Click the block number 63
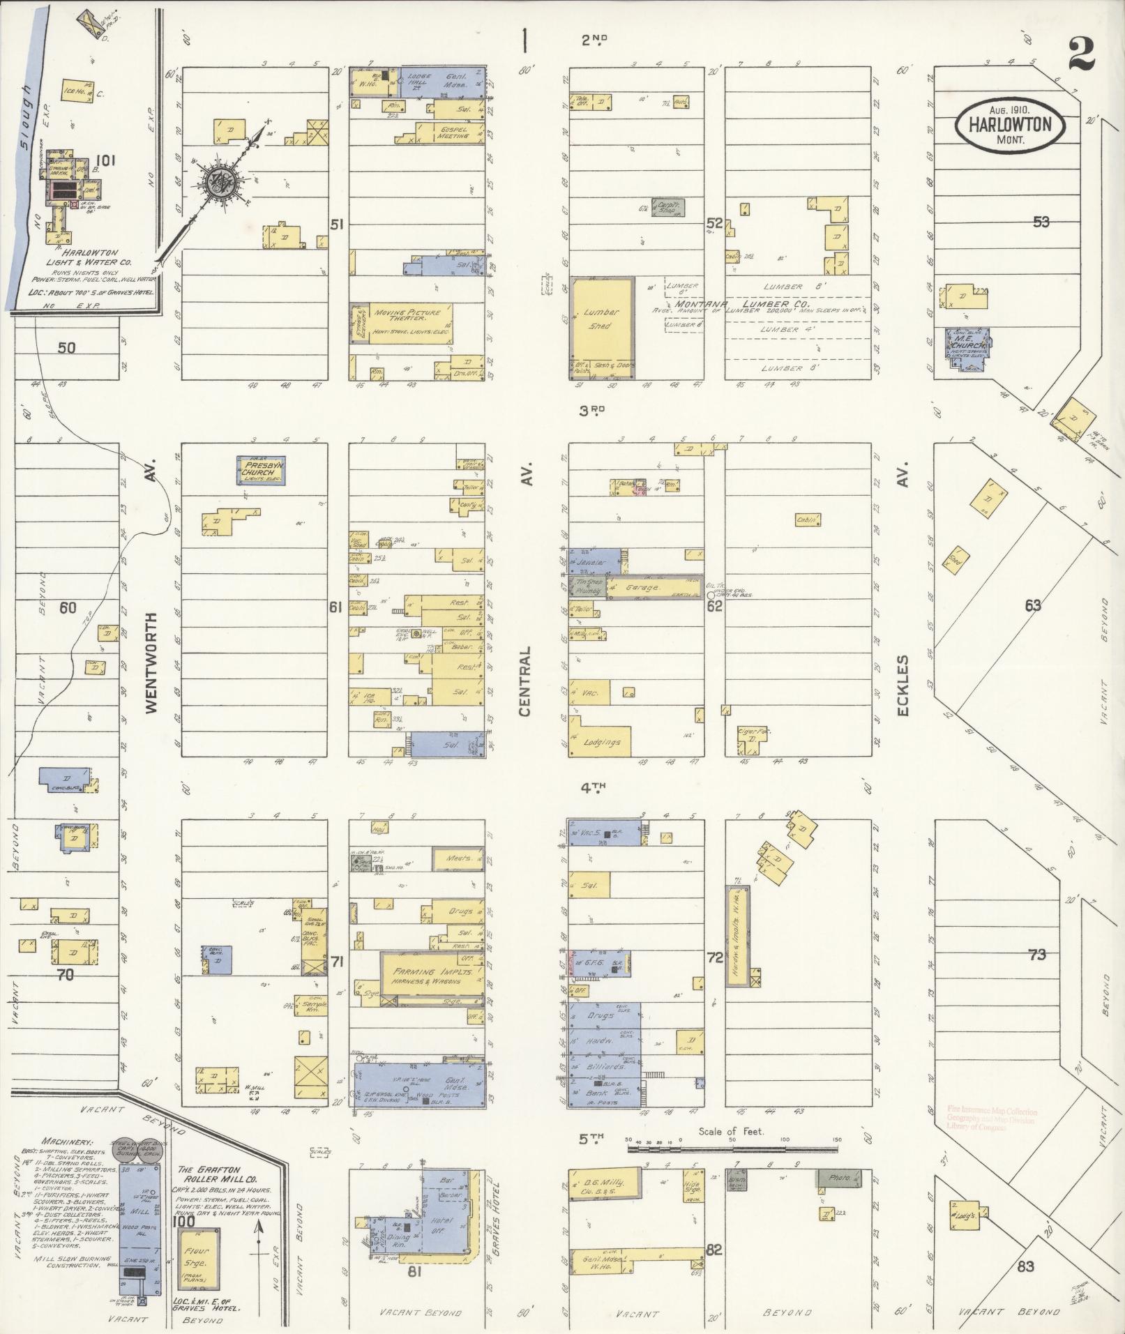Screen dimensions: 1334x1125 (x=1032, y=605)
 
